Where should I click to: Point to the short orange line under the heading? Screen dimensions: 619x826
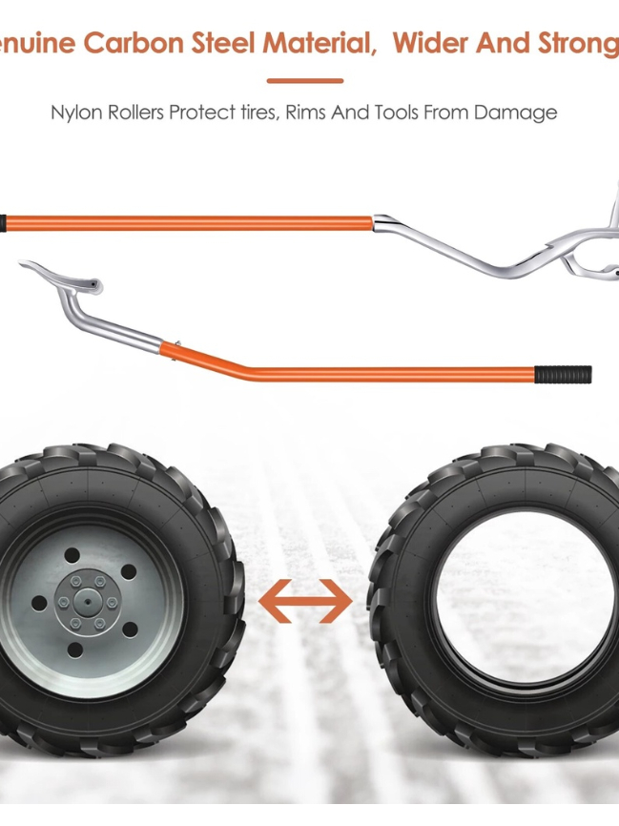pos(304,81)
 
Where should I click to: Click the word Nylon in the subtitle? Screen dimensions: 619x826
pos(74,113)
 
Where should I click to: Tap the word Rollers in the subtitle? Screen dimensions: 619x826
pos(132,113)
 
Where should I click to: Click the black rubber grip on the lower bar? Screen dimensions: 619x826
pos(563,374)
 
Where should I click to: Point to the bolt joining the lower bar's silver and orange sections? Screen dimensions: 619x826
pos(177,345)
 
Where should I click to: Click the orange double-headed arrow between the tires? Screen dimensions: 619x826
pos(305,600)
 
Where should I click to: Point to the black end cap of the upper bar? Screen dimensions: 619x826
pos(4,223)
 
